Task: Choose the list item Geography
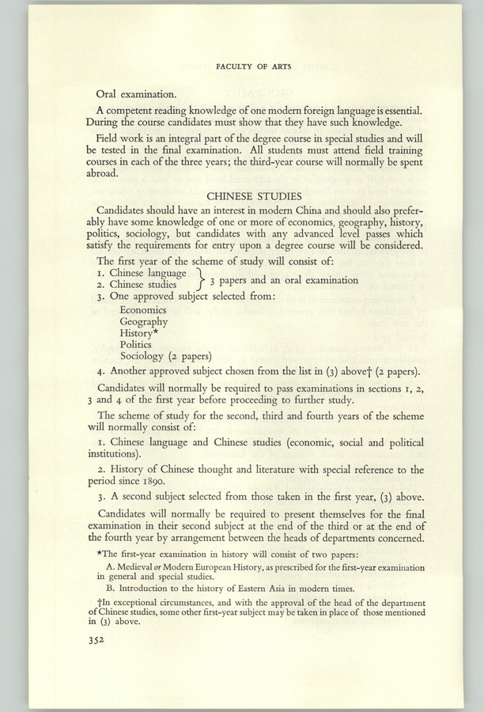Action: point(144,322)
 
